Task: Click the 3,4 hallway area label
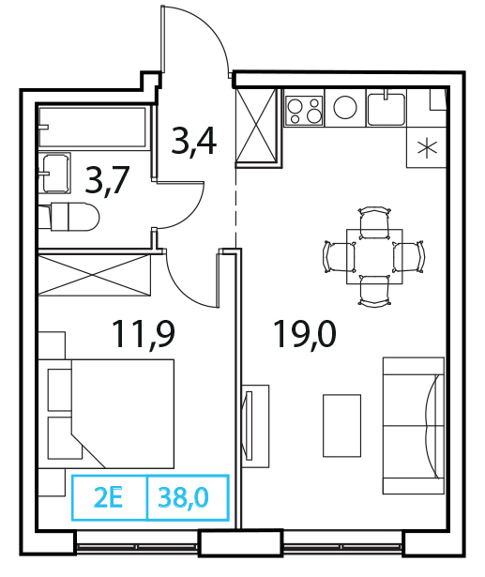tap(193, 142)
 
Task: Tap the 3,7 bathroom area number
tap(107, 180)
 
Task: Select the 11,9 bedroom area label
tap(144, 335)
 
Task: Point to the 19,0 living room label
tap(305, 334)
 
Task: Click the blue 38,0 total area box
tap(188, 498)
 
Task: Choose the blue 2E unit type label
tap(108, 498)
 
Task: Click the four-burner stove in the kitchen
tap(304, 110)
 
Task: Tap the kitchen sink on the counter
tap(386, 109)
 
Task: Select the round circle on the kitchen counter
tap(345, 107)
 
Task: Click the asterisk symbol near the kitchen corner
tap(427, 148)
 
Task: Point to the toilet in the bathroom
tap(69, 217)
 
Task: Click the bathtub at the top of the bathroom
tap(92, 128)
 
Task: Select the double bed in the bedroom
tap(111, 414)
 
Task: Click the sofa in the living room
tap(414, 425)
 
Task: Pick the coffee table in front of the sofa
tap(341, 426)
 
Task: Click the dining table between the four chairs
tap(374, 256)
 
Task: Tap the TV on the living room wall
tap(248, 425)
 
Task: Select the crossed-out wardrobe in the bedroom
tap(95, 275)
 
